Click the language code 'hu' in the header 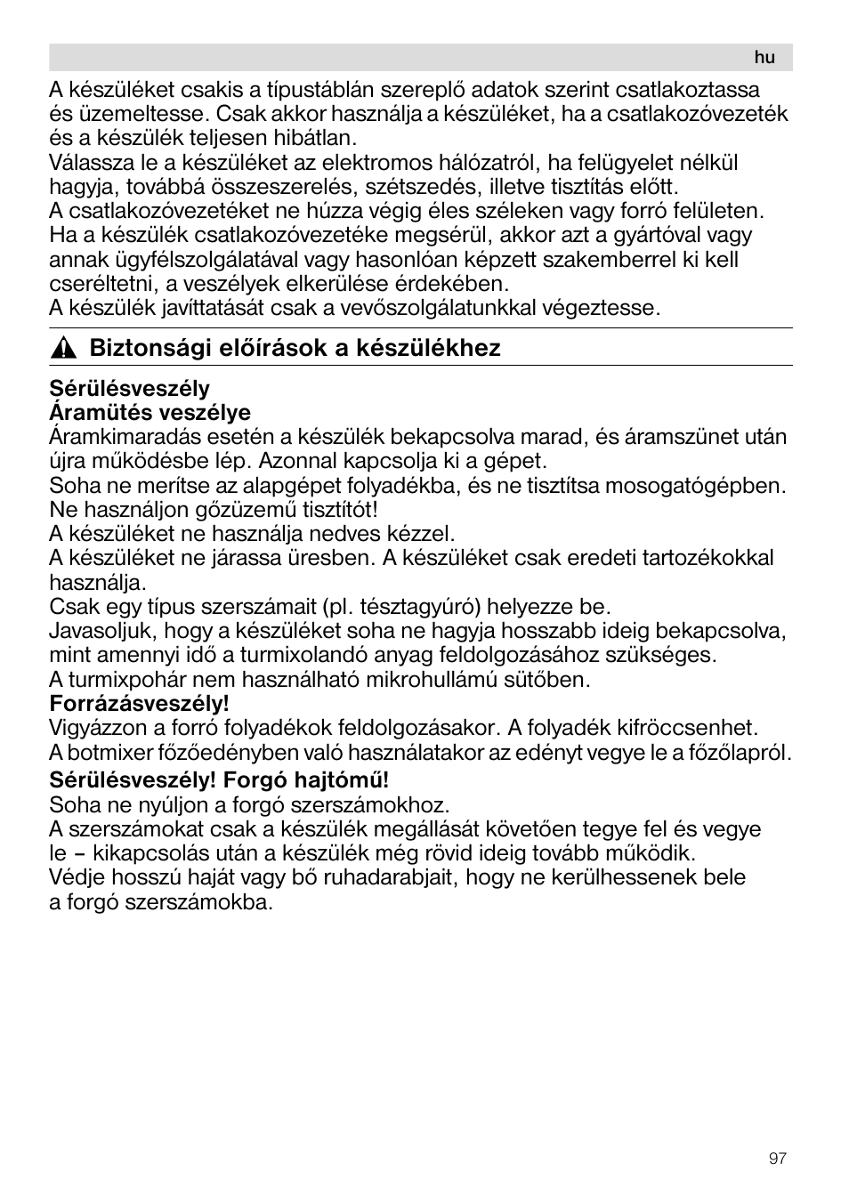[764, 58]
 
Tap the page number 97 [778, 1159]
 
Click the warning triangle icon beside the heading [61, 349]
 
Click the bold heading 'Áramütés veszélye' [150, 413]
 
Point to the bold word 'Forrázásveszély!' [139, 704]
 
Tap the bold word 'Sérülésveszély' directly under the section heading [129, 389]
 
